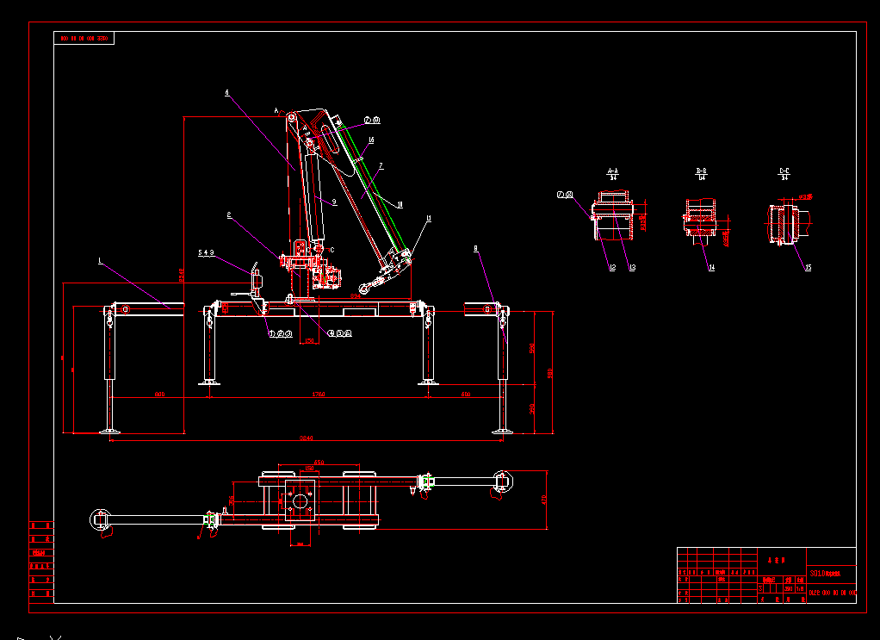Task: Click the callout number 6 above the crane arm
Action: pos(226,92)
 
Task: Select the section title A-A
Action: pos(613,171)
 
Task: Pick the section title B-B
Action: pos(701,171)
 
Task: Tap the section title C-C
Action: pos(784,171)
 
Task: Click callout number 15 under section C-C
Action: pos(808,268)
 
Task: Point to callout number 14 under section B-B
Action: pos(711,268)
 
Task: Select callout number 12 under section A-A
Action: pos(612,268)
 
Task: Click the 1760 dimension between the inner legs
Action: pos(318,395)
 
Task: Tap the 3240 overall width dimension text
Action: pos(306,438)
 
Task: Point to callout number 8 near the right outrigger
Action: pos(475,249)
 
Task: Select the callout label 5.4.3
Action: pos(206,253)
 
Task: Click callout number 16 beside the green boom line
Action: pos(370,140)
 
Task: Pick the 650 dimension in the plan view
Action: pos(318,463)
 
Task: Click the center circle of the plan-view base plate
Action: pos(300,500)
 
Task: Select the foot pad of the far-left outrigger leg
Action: pos(108,431)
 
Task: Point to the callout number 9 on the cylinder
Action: pos(334,202)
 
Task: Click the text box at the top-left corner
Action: pos(84,38)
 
